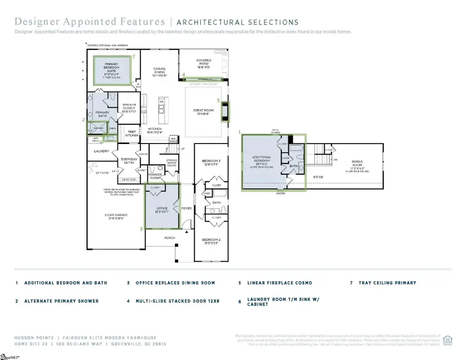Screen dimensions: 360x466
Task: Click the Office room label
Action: [162, 210]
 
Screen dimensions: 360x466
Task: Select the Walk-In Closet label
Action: [128, 108]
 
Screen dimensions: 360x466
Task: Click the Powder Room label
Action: [155, 176]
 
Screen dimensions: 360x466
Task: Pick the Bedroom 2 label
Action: [212, 241]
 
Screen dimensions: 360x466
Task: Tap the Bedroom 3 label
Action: [211, 163]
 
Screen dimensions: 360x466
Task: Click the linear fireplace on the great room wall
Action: [225, 111]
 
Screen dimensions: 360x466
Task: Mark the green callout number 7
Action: [134, 56]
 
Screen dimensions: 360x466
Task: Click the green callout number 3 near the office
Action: [141, 228]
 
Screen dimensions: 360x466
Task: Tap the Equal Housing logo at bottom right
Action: [448, 340]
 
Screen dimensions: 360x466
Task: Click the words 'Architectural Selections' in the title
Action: [238, 22]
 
